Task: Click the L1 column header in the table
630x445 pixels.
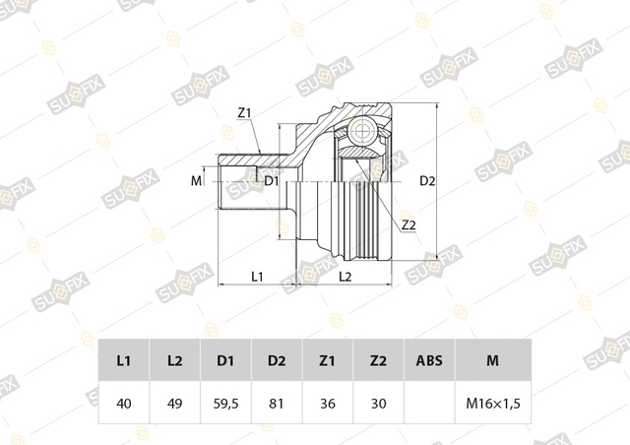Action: [x=124, y=360]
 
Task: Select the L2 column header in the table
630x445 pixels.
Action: [x=175, y=360]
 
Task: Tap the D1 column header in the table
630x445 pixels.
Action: [x=225, y=360]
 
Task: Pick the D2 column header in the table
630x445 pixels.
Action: [x=277, y=360]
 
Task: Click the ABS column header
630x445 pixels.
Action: [x=429, y=360]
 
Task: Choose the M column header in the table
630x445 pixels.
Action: [x=493, y=360]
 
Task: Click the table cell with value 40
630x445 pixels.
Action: [x=124, y=403]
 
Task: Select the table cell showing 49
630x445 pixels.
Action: [x=175, y=403]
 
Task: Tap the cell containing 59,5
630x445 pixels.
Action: [x=225, y=403]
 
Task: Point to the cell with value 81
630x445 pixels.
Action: [x=277, y=403]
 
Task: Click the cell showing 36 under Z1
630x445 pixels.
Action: [x=328, y=403]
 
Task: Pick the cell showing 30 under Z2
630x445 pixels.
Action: [x=378, y=403]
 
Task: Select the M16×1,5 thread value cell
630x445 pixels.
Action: [x=493, y=403]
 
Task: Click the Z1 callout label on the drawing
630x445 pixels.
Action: [x=244, y=113]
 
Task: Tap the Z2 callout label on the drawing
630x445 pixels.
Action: [x=409, y=225]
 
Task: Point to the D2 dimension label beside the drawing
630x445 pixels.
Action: [x=427, y=181]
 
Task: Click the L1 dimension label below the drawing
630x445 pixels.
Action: [x=257, y=277]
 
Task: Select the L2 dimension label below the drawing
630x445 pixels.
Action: [x=346, y=277]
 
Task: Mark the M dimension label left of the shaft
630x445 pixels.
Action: [x=196, y=181]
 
